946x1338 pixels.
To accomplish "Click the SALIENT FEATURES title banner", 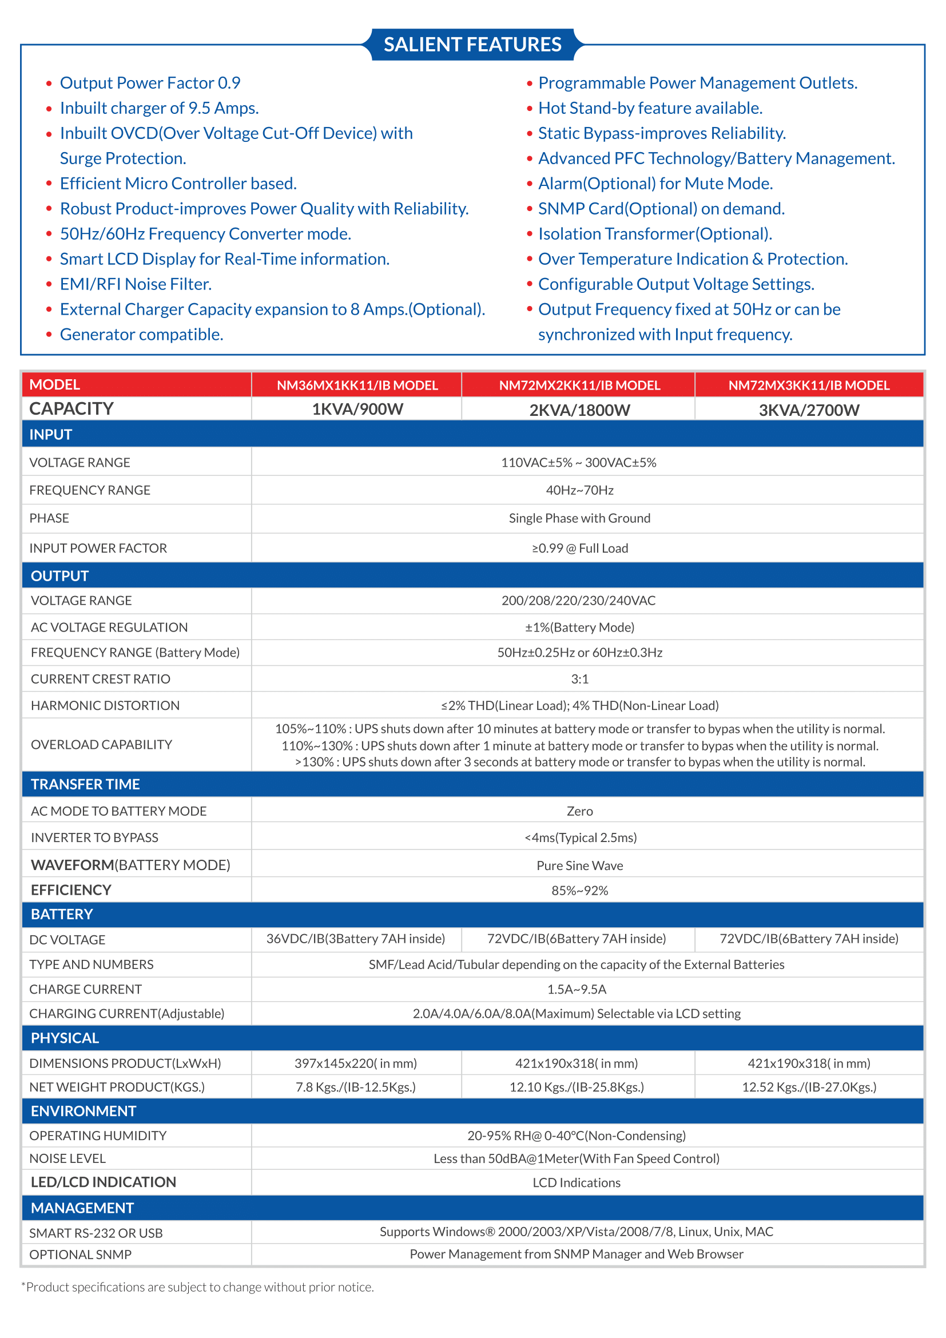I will pos(472,44).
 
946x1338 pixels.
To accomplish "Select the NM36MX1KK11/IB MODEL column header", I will pos(356,385).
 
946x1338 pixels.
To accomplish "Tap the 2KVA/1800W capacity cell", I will pos(579,410).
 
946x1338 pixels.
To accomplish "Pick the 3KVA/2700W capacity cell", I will pos(809,410).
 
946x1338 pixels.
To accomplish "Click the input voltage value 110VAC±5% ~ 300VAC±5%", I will pos(578,463).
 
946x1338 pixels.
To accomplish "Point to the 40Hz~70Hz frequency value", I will pos(579,491).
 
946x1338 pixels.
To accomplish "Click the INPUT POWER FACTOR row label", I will pos(98,549).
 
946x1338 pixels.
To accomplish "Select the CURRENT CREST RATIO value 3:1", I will pos(579,679).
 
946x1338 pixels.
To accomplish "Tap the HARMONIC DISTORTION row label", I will pos(105,706).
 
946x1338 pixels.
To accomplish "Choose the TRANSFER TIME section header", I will pos(85,784).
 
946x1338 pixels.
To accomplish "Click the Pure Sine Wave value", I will pos(579,866).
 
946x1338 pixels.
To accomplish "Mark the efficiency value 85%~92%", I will pos(579,891).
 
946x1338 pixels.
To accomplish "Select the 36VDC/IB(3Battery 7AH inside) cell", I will pos(355,939).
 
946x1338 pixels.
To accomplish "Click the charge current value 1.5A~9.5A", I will pos(577,990).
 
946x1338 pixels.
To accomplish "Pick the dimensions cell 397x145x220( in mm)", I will pos(355,1063).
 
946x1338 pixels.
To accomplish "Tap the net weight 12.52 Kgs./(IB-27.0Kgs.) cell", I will pos(809,1087).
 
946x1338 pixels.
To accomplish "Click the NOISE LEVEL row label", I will pos(67,1158).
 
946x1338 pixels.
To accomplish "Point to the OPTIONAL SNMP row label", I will pos(81,1254).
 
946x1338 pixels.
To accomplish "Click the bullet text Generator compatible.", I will pos(141,335).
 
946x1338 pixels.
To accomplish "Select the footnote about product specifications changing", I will pos(198,1287).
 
